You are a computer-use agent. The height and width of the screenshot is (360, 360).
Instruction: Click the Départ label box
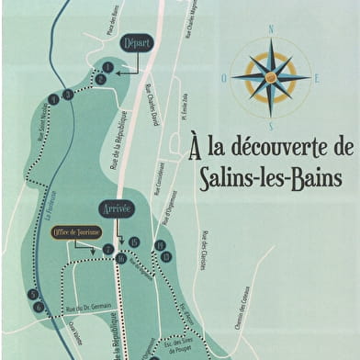click(x=136, y=43)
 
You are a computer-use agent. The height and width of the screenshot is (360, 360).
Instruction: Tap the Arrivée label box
click(x=119, y=209)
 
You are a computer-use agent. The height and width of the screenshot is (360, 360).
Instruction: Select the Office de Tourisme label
click(x=75, y=232)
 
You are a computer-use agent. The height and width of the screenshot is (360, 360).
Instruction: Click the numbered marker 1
click(x=108, y=67)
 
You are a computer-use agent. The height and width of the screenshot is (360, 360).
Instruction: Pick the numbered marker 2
click(x=102, y=80)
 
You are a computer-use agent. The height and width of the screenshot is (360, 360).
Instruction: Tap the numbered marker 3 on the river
click(x=68, y=94)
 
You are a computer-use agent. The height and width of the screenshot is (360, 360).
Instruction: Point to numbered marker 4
click(x=53, y=97)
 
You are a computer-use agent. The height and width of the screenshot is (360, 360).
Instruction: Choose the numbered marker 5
click(x=33, y=295)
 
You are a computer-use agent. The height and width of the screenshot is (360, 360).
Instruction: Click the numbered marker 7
click(x=108, y=250)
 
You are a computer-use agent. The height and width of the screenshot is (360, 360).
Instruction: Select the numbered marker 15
click(x=134, y=242)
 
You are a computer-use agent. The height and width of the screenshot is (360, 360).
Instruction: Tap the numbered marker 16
click(x=121, y=259)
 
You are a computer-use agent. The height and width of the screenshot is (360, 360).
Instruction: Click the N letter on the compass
click(x=271, y=29)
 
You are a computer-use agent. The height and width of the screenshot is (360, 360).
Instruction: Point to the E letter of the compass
click(x=317, y=79)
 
